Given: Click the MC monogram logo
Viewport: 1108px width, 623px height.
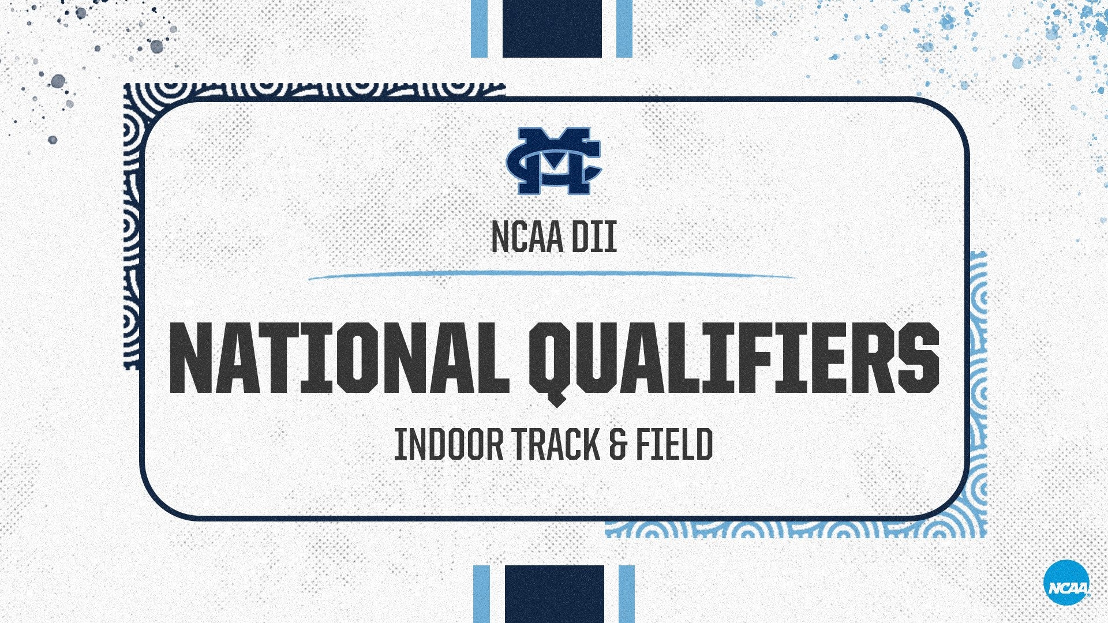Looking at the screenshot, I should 554,161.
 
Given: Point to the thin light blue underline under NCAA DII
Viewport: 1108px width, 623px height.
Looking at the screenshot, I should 552,275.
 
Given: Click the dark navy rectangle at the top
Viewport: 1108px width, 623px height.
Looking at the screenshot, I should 552,28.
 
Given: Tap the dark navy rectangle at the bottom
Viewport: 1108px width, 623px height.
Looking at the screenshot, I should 554,594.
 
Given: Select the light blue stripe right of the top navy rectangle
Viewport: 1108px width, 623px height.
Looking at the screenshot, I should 624,28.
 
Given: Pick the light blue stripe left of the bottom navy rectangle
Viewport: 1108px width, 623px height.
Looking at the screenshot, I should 481,594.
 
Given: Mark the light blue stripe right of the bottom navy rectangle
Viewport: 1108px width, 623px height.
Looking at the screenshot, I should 627,594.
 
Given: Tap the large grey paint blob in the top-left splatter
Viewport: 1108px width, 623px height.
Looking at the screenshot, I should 58,81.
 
